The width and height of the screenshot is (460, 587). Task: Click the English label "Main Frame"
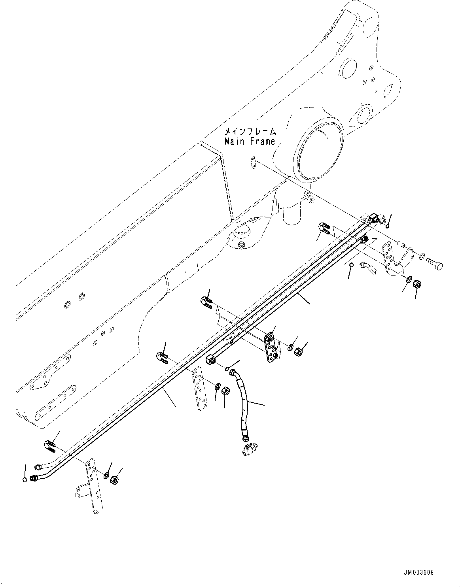coord(250,141)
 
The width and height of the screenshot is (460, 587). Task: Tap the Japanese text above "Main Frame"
coord(250,131)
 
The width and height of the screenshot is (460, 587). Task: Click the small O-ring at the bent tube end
coord(25,479)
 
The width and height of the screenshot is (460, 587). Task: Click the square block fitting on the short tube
coord(210,359)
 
